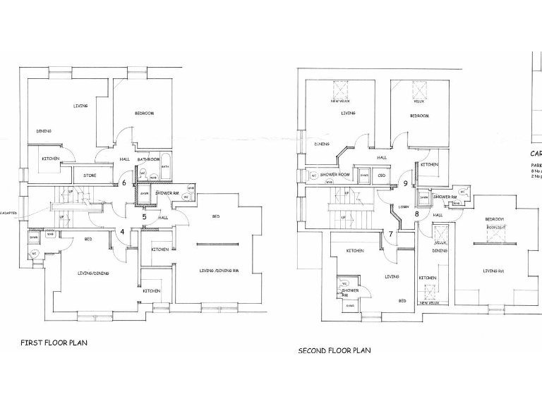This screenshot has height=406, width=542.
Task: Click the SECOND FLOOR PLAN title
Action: coord(334,350)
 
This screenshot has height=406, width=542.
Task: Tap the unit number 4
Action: coord(122,230)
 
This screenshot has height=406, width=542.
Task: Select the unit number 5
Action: coord(144,217)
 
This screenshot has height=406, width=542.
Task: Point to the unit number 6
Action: coord(124,183)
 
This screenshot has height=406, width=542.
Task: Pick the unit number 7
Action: coord(390,233)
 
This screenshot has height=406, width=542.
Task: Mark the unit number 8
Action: coord(416,214)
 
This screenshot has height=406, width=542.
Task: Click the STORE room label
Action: coord(89,175)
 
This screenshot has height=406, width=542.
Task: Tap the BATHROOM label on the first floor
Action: coord(148,159)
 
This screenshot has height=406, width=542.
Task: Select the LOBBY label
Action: coord(404,207)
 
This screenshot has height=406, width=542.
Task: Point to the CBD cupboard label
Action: coord(381,176)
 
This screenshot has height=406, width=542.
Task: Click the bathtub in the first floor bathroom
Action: coord(165,166)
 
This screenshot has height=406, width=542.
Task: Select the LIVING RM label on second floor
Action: coord(493,270)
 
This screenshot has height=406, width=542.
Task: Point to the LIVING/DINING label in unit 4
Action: coord(93,273)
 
